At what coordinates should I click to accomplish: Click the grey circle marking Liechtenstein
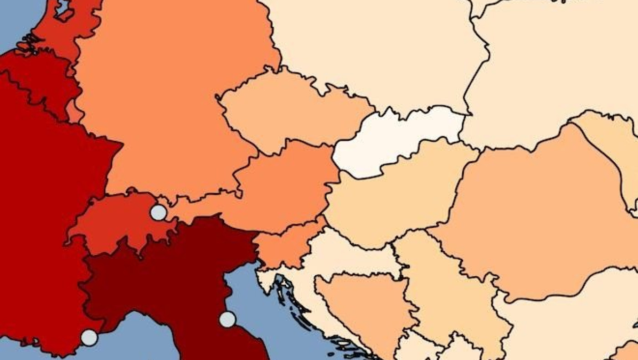pos(158,212)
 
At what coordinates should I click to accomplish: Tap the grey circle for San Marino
pos(227,319)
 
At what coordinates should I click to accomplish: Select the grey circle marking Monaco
pos(89,338)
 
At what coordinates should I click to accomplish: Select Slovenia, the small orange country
pos(287,246)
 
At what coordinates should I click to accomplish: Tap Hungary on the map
pos(392,201)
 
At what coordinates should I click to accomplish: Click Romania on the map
pos(538,214)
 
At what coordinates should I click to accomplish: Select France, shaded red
pos(41,205)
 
